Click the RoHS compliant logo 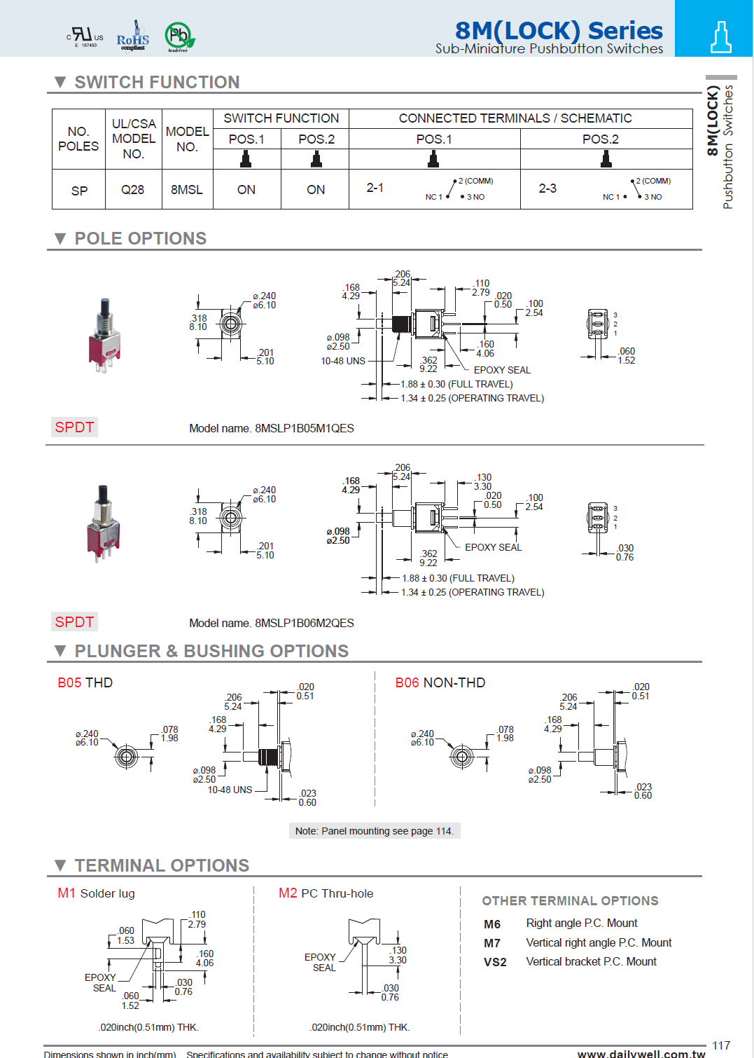(x=132, y=36)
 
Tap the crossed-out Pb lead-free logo (x=179, y=36)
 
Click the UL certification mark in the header (x=85, y=36)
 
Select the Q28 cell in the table (x=132, y=190)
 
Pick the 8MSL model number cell (x=186, y=190)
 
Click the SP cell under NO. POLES (x=79, y=191)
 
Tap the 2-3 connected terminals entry (x=547, y=188)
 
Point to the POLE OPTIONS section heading (x=140, y=238)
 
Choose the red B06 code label (x=407, y=682)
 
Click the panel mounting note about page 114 (x=375, y=831)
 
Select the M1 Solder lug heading (x=97, y=893)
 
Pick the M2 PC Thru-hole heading (x=326, y=893)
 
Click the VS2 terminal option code (x=494, y=962)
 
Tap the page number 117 (x=721, y=1045)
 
